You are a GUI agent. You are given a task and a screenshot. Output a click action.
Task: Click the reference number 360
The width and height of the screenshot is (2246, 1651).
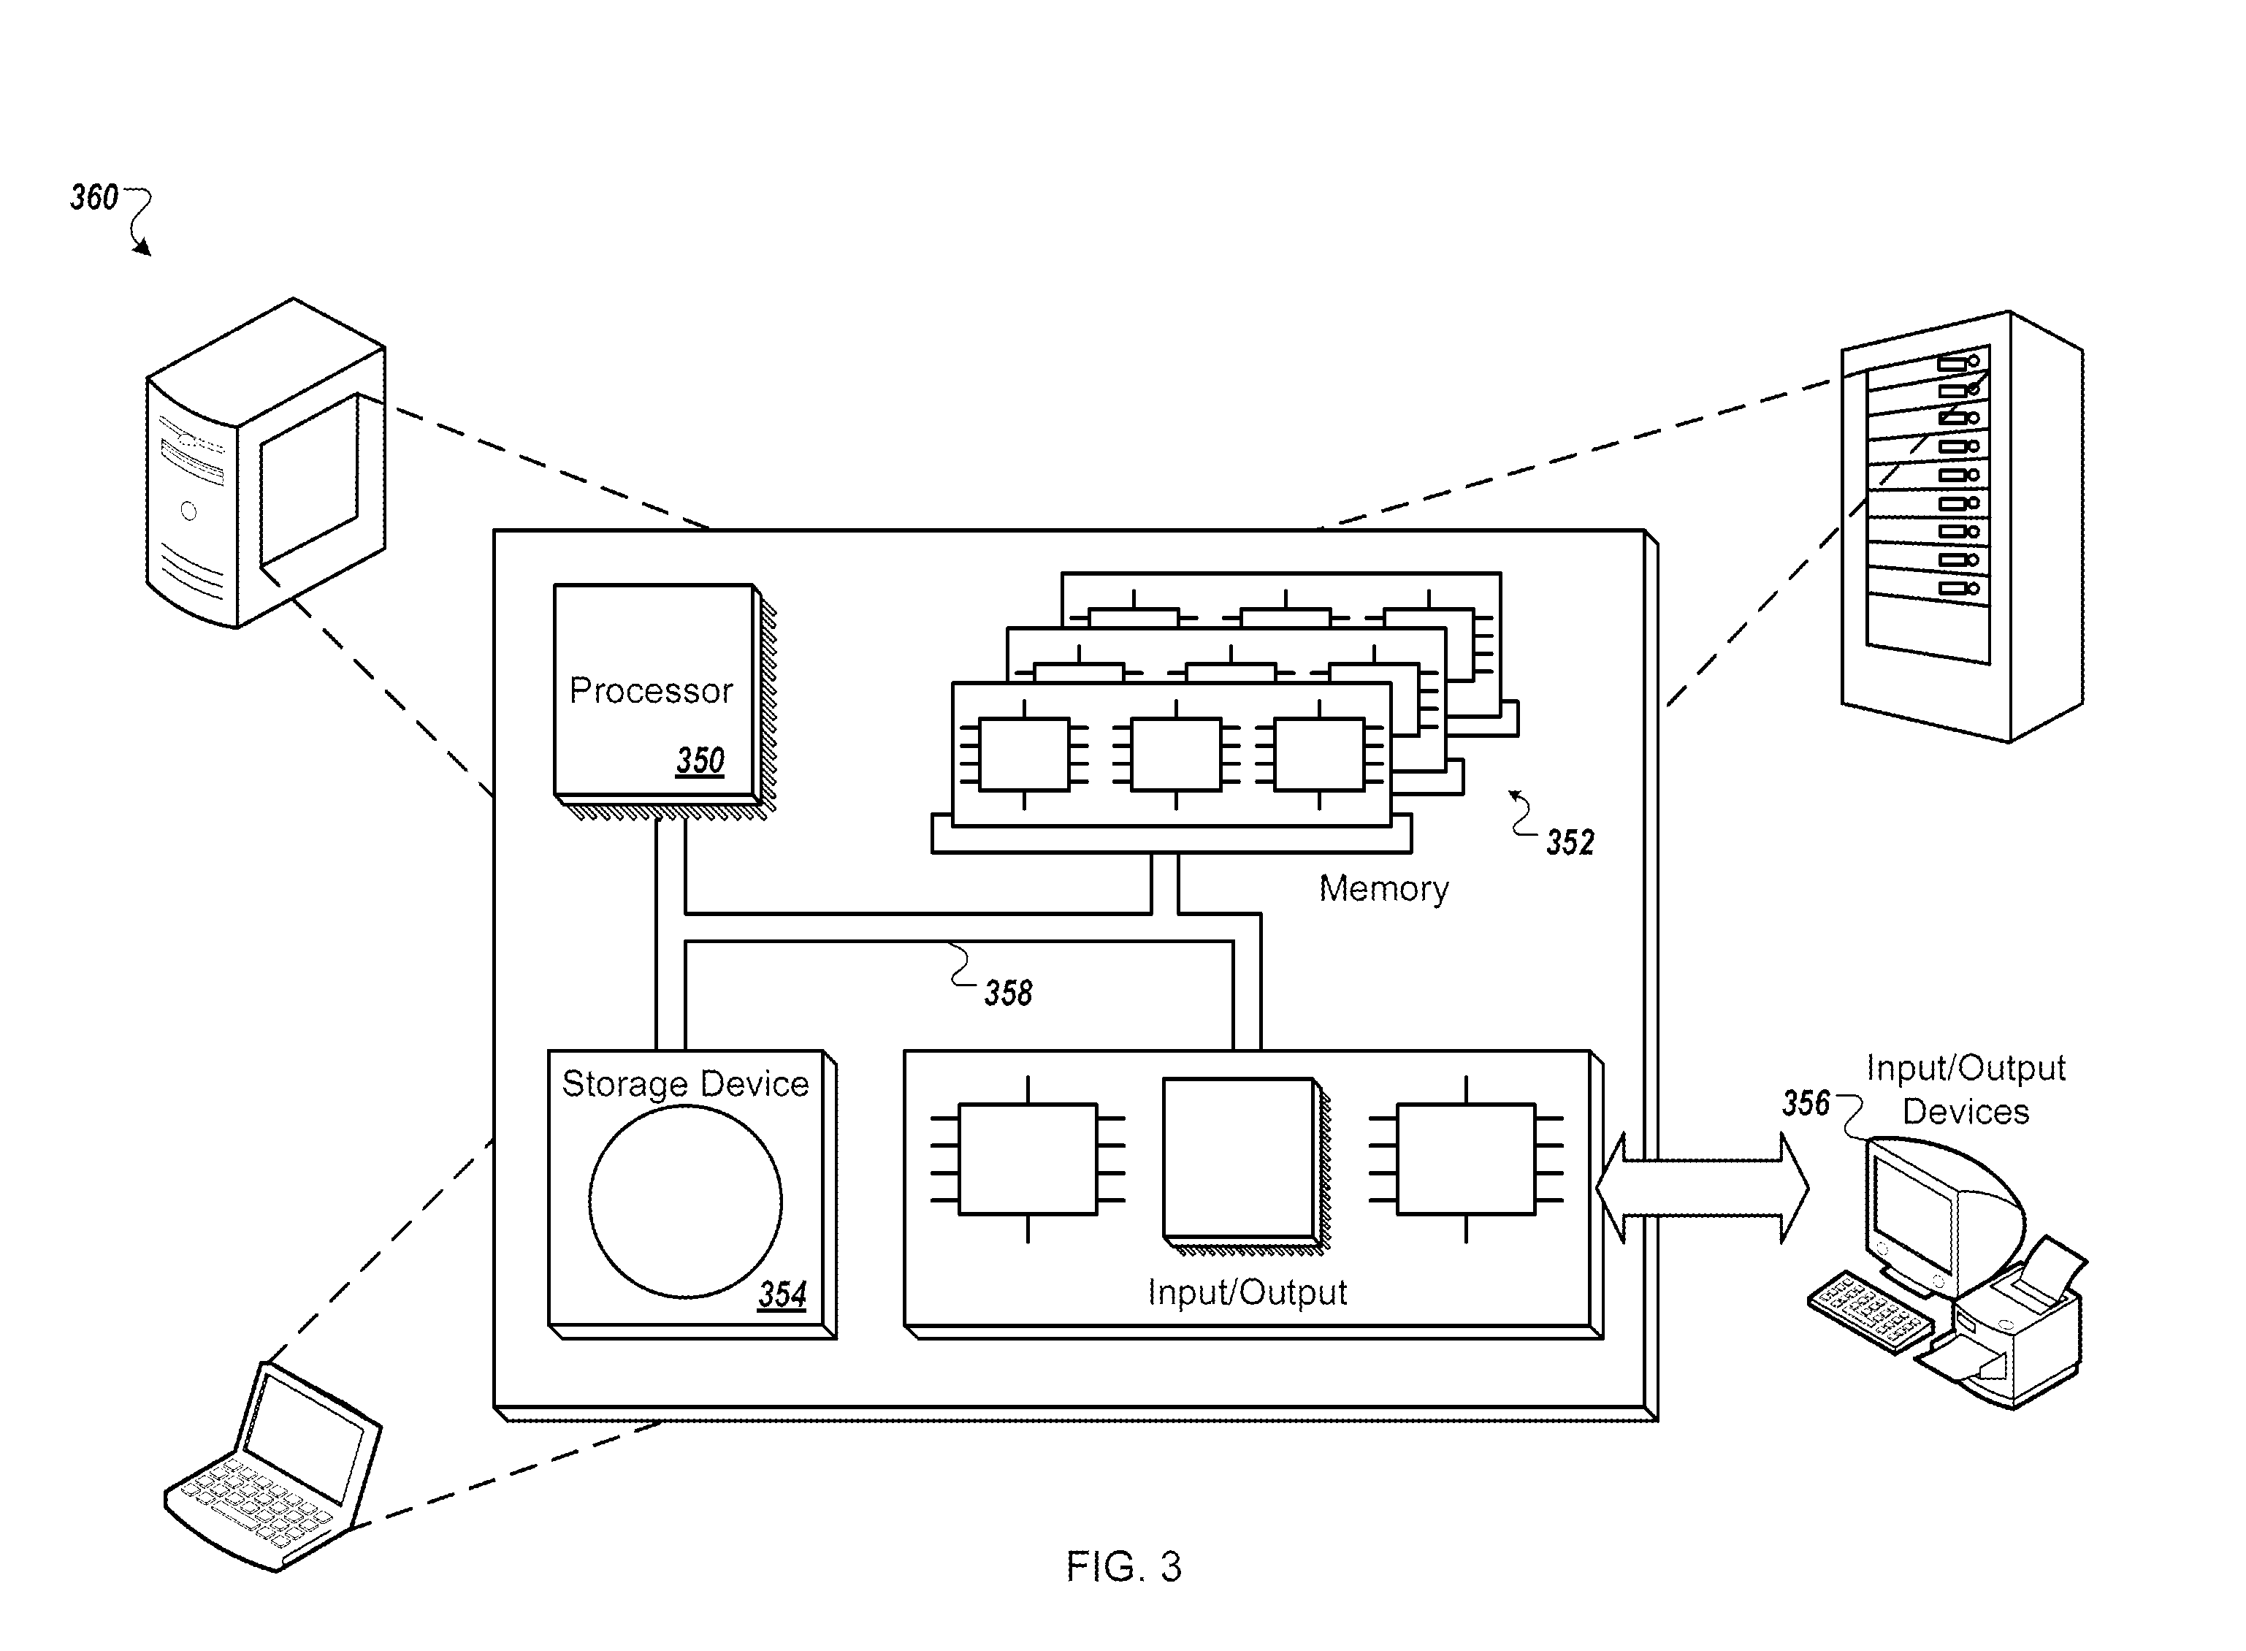94,197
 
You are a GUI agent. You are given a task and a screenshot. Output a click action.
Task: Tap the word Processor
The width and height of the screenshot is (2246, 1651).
650,690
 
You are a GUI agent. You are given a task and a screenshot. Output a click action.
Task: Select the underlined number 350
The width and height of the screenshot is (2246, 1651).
700,760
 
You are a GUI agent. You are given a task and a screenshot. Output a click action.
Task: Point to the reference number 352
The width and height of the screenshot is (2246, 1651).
1570,842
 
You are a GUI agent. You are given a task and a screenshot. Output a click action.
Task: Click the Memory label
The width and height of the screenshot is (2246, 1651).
1384,888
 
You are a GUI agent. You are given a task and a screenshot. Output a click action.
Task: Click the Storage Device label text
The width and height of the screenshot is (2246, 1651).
685,1084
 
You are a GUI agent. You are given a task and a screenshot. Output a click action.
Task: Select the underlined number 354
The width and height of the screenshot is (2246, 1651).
782,1295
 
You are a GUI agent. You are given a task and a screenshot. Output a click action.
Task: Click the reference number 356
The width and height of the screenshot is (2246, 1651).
1806,1103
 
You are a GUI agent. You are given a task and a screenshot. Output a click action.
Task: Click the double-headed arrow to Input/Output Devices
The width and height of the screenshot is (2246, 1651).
1703,1189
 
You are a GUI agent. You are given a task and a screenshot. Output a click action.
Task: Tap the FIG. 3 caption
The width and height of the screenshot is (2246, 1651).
1124,1566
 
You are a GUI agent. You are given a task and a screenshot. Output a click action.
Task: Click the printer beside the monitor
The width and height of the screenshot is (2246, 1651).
2004,1324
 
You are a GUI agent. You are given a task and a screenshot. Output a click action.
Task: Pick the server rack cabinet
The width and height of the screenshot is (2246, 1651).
1963,527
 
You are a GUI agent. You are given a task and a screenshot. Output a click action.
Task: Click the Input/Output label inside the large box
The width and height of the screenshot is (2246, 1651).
1247,1292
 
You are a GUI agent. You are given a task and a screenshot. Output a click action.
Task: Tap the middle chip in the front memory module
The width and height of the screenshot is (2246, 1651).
1176,755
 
